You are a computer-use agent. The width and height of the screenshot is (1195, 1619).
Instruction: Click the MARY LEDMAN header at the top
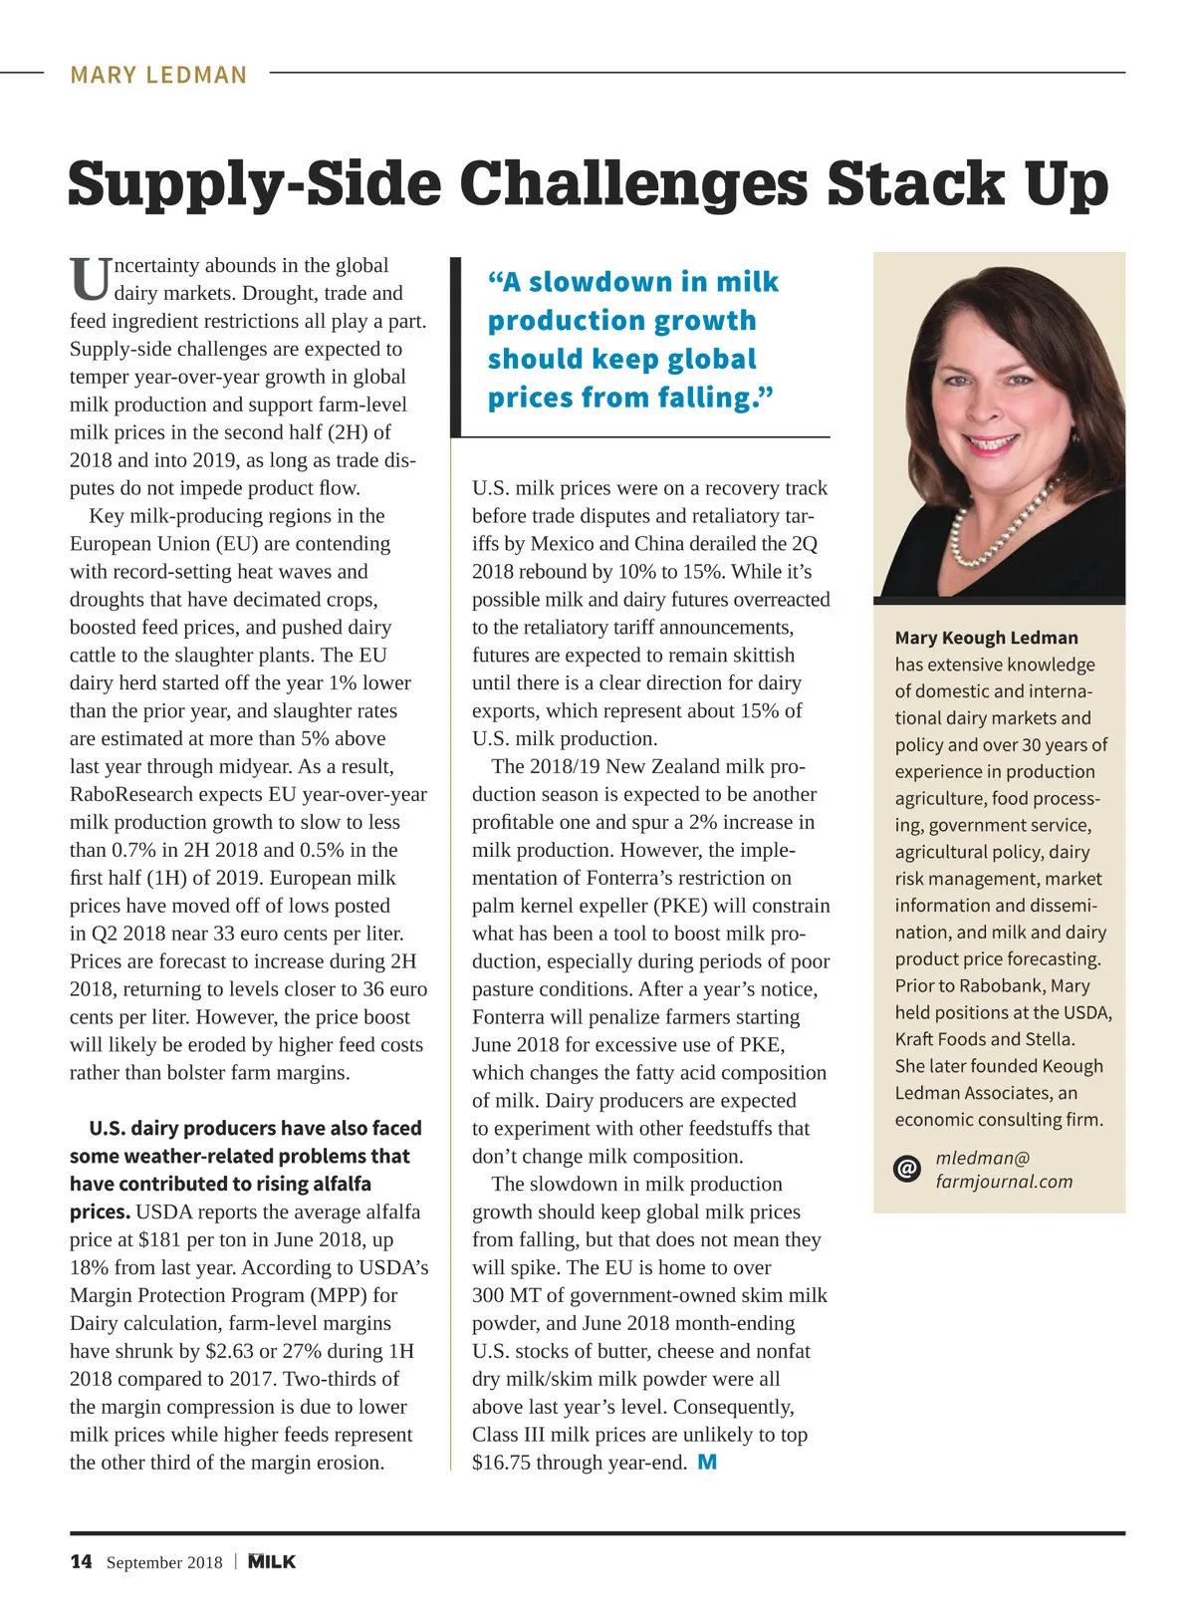[x=158, y=75]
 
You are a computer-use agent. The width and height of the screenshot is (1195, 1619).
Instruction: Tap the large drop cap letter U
[x=90, y=280]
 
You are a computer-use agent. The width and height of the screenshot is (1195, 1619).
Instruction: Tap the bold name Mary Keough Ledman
[x=986, y=638]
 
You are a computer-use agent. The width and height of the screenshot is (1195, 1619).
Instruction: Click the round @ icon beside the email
[x=907, y=1169]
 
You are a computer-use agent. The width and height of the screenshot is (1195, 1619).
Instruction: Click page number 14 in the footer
[x=81, y=1561]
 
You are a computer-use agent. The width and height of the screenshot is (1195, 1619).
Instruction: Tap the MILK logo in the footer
[x=272, y=1561]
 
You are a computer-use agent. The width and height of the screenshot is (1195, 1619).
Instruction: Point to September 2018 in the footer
[x=164, y=1562]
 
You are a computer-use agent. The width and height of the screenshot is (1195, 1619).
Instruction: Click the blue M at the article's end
[x=707, y=1462]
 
